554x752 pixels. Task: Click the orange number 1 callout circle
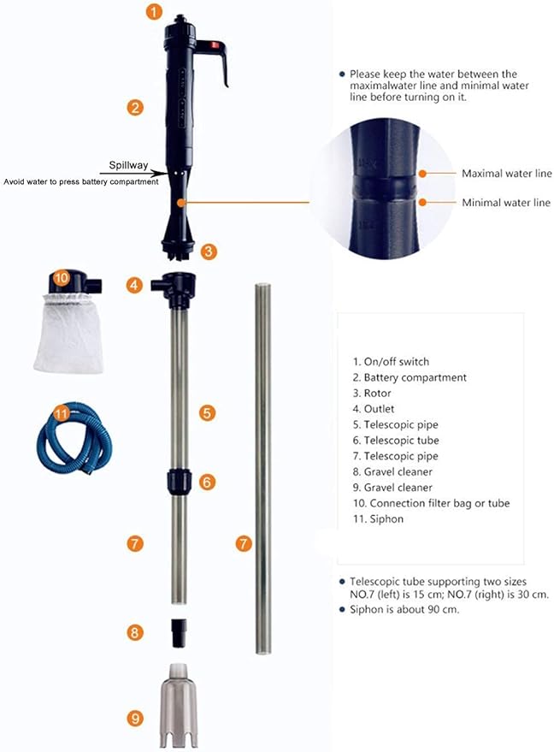(x=152, y=13)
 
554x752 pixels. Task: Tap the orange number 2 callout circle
(x=134, y=108)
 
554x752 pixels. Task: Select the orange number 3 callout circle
(x=209, y=252)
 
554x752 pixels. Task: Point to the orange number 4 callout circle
(x=134, y=286)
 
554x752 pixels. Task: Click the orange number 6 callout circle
(x=206, y=482)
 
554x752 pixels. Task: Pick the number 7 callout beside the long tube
(x=245, y=543)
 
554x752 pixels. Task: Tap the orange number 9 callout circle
(x=134, y=719)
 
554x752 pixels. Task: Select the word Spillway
(x=127, y=165)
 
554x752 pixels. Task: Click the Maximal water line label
(x=506, y=174)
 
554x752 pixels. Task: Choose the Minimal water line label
(x=506, y=203)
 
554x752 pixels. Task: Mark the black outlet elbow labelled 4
(x=174, y=287)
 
